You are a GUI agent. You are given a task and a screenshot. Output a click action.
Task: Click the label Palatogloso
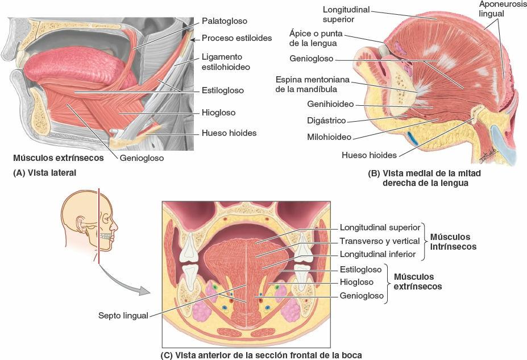pyautogui.click(x=225, y=21)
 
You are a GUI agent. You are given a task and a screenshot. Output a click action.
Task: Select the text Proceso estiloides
pyautogui.click(x=236, y=39)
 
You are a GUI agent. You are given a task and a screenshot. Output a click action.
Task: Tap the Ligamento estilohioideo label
pyautogui.click(x=226, y=62)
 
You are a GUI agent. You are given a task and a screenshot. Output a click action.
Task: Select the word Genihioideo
pyautogui.click(x=330, y=105)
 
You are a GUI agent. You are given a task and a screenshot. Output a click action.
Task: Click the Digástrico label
pyautogui.click(x=326, y=121)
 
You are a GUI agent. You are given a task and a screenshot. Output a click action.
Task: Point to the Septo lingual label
pyautogui.click(x=123, y=315)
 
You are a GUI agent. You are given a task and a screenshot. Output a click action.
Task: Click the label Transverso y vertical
pyautogui.click(x=380, y=241)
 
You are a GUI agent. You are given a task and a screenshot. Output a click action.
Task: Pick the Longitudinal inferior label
pyautogui.click(x=378, y=254)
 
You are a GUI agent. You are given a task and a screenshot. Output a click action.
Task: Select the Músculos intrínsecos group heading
pyautogui.click(x=453, y=242)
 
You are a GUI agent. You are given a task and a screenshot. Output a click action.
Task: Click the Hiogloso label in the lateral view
pyautogui.click(x=218, y=113)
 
